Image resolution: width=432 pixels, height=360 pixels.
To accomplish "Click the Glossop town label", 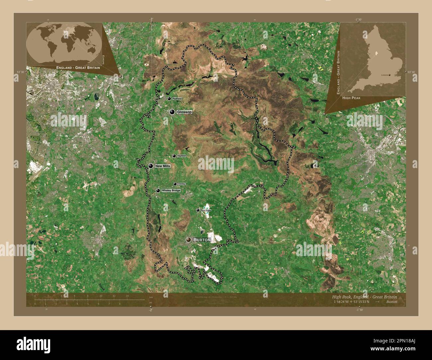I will click(184, 112).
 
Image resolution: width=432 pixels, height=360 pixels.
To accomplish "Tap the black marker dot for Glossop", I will click(172, 112).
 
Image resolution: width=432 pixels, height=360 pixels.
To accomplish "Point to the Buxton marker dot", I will click(189, 239).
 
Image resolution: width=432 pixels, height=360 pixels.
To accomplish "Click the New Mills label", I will click(162, 166).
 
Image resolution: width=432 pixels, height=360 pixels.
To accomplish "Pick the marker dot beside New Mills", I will click(151, 166).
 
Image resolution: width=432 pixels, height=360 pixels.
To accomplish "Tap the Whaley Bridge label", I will click(171, 191).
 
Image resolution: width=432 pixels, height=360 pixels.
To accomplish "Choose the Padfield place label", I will click(177, 99).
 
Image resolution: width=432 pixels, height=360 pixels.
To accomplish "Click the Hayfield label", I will click(181, 156).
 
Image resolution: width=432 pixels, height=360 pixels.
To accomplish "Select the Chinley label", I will click(181, 184).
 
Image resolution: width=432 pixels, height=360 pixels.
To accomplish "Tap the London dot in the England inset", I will click(389, 75).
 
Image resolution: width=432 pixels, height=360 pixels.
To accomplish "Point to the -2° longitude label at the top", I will click(151, 20).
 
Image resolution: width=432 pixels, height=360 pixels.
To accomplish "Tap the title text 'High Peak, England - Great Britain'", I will click(364, 297).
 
